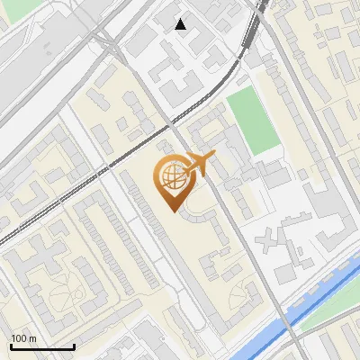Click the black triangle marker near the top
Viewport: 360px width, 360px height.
tap(181, 24)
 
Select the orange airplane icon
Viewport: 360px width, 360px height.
tap(200, 165)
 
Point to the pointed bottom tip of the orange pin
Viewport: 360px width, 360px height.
tap(171, 210)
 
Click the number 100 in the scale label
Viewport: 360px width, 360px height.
tap(20, 338)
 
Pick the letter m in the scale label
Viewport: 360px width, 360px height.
tap(33, 338)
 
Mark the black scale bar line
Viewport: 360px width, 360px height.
tap(42, 346)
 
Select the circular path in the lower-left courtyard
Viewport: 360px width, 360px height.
tap(58, 287)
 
